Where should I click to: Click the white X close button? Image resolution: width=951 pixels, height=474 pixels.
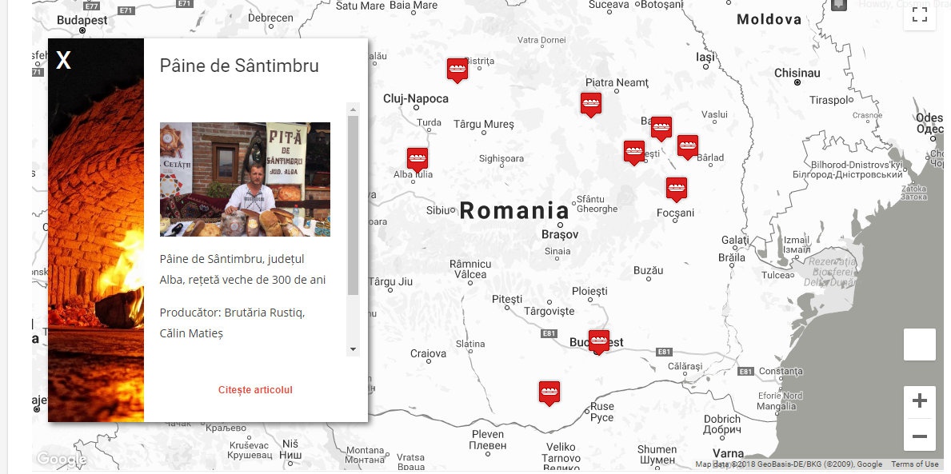click(x=63, y=60)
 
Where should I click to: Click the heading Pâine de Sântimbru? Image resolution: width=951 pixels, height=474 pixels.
click(x=239, y=66)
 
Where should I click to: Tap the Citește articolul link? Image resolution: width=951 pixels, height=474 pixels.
click(x=255, y=390)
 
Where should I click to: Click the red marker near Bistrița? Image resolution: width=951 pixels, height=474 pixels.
click(x=457, y=69)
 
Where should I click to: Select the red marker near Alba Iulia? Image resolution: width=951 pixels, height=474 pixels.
click(x=418, y=158)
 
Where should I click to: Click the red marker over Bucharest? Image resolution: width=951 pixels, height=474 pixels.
click(x=598, y=341)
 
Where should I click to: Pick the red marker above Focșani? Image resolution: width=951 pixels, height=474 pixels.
click(x=677, y=188)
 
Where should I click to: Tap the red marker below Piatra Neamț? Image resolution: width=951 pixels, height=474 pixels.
click(x=591, y=103)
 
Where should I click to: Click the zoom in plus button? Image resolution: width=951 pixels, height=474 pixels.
click(x=919, y=401)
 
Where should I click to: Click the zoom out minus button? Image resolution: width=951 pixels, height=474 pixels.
click(x=919, y=436)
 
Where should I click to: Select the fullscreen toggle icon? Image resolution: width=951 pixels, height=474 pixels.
click(x=919, y=14)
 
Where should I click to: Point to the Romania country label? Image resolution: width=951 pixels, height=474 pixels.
click(x=514, y=211)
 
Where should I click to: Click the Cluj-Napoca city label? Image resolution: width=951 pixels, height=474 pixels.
click(x=416, y=99)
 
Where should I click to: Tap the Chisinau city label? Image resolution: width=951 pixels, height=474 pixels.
click(x=797, y=73)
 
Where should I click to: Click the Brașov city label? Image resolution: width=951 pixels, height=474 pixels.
click(x=559, y=235)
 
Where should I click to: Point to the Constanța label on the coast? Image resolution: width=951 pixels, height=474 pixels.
click(x=780, y=371)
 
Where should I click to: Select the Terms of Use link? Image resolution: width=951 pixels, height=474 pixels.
click(x=915, y=464)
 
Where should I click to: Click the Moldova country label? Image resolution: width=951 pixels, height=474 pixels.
click(x=769, y=19)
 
